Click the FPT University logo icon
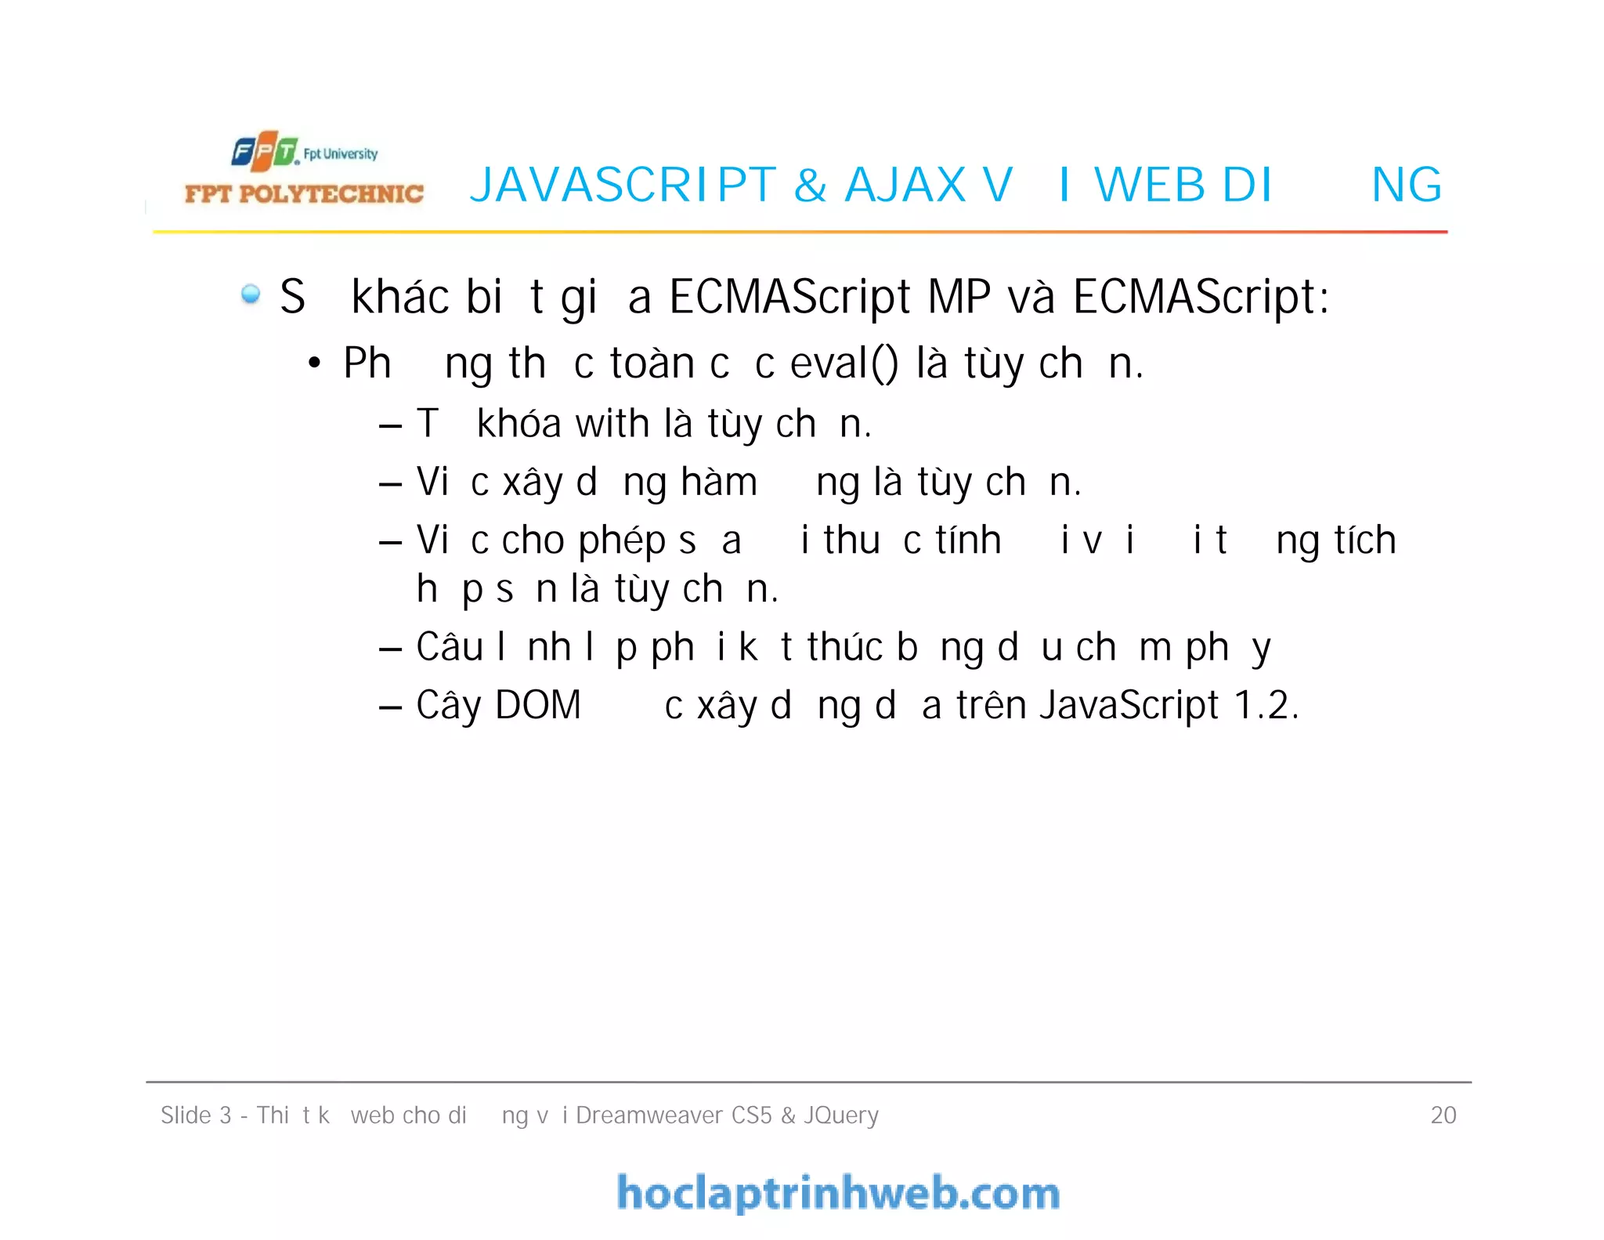tap(266, 151)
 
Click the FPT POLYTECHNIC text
tap(304, 193)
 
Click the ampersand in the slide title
tap(811, 186)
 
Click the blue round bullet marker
tap(251, 295)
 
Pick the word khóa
tap(519, 424)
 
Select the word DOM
tap(538, 705)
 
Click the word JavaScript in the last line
tap(1129, 705)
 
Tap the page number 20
tap(1443, 1115)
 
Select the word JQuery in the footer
tap(841, 1115)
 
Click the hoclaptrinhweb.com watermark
tap(838, 1193)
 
